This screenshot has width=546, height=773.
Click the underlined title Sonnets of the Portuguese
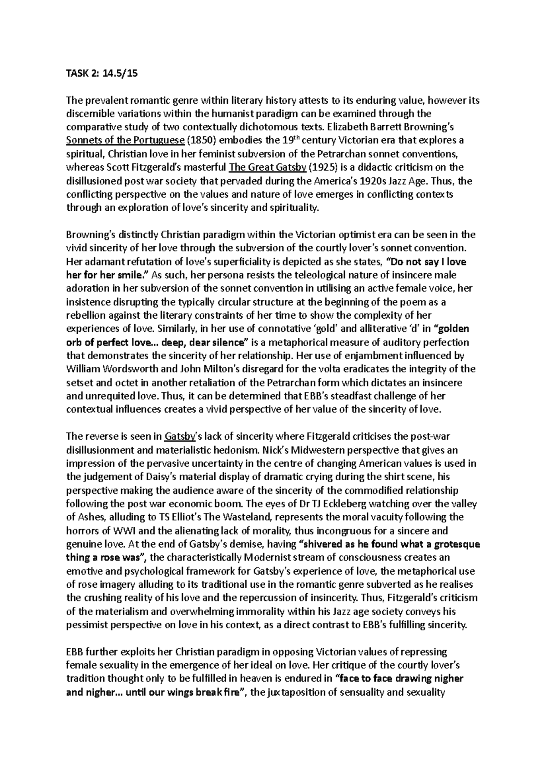point(125,140)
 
